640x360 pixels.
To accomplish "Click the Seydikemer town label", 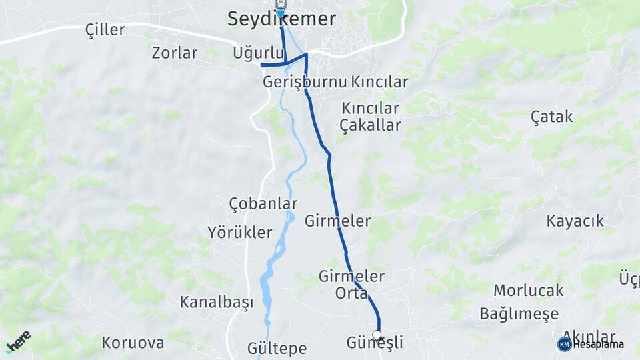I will point(281,19).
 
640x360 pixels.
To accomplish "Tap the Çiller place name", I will point(105,30).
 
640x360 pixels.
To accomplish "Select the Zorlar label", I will point(175,53).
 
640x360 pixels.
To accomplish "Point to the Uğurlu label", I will point(254,53).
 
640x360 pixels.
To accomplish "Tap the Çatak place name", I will point(551,117).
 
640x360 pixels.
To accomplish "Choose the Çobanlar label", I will point(263,203).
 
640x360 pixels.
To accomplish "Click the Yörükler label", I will point(240,232).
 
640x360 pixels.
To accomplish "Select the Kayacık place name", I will point(575,221).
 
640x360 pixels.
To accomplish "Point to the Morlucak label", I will point(528,291).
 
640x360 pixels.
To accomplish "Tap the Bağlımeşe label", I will point(519,313).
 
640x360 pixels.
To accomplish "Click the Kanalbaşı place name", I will point(217,302).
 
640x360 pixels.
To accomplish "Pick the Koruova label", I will point(133,343).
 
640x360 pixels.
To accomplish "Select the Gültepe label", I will point(277,348).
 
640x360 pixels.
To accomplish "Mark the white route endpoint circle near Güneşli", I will point(377,335).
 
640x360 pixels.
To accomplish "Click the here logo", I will point(18,341).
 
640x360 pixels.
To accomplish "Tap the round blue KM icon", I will point(564,344).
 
